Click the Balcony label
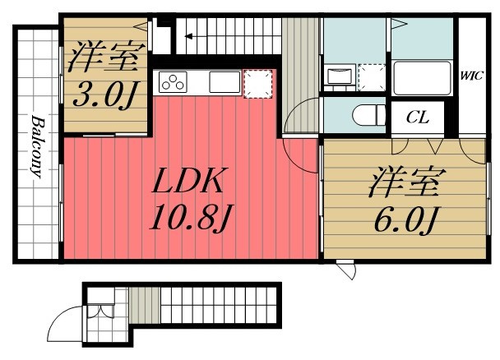37,146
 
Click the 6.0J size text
405,219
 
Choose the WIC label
471,76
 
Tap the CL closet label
418,118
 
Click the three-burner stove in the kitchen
173,82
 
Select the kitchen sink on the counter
225,82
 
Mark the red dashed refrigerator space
258,84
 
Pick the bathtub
422,78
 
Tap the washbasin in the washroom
340,76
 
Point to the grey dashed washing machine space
372,77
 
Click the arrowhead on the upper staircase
188,36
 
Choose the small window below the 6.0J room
346,270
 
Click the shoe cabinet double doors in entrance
100,311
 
